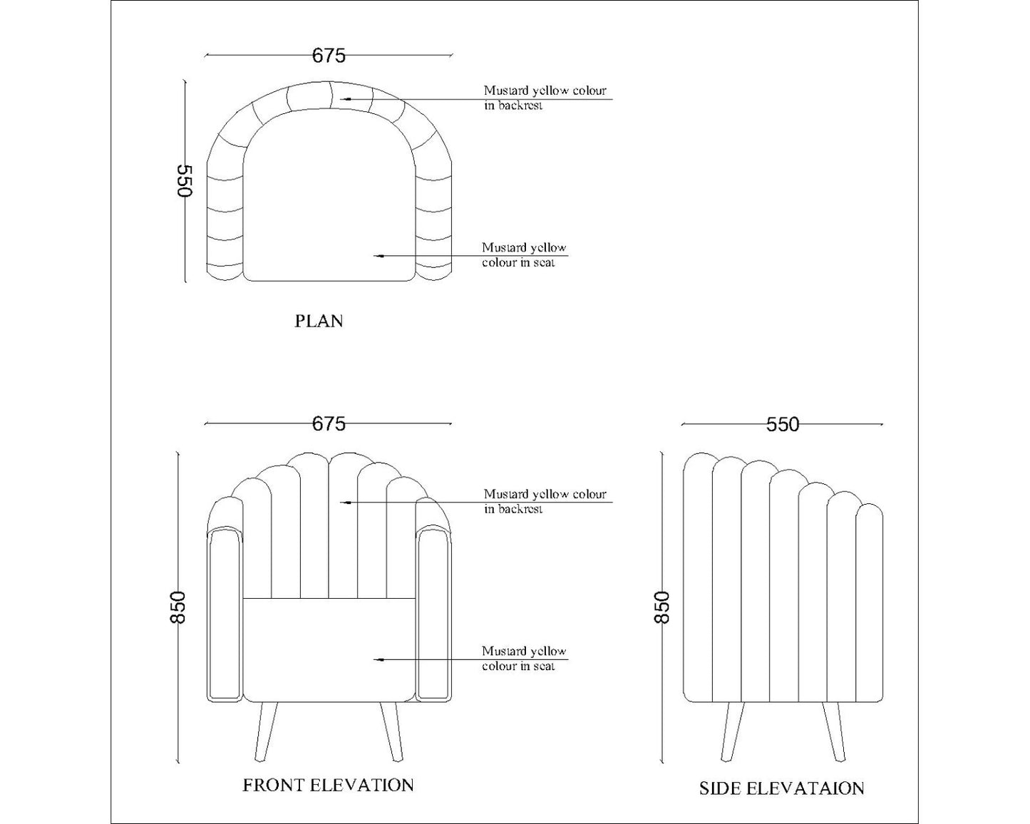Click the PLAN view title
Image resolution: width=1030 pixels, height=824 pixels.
click(x=319, y=321)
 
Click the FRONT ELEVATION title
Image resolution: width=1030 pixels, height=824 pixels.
click(x=328, y=785)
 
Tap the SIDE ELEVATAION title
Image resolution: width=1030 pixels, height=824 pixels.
click(x=781, y=788)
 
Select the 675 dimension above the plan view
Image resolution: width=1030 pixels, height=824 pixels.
click(x=329, y=55)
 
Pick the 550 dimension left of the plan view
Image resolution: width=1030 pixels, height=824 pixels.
click(x=185, y=181)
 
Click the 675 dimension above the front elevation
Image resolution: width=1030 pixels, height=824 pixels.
click(x=329, y=424)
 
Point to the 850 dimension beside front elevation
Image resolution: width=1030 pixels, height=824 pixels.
click(x=177, y=607)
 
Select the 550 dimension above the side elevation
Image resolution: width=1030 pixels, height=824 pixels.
click(x=782, y=425)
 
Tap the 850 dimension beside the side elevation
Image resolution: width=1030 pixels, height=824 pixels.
click(x=662, y=607)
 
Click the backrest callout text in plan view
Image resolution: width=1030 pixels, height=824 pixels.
click(x=545, y=98)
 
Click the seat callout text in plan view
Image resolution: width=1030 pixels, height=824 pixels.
click(x=524, y=255)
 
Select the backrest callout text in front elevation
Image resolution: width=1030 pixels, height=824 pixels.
click(x=545, y=501)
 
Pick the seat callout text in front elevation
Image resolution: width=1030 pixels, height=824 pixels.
click(x=524, y=658)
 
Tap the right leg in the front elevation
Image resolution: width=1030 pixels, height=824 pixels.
click(x=391, y=731)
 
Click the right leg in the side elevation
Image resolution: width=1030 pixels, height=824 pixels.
click(x=835, y=731)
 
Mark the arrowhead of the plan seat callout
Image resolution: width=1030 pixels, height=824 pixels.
click(x=378, y=254)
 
